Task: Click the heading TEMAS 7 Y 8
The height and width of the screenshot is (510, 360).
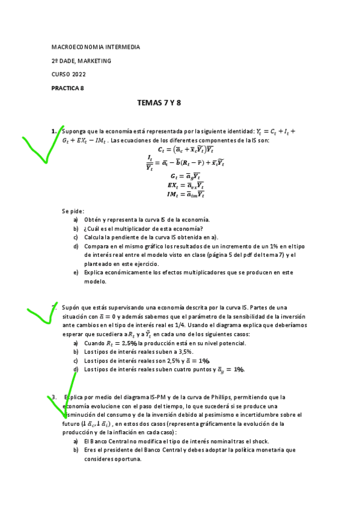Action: tap(159, 103)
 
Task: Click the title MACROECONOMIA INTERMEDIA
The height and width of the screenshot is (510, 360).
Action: tap(96, 47)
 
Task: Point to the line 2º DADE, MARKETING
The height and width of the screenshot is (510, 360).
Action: tap(81, 61)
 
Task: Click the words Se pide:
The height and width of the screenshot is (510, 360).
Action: tap(73, 211)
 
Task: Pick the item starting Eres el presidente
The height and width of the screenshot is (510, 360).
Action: tap(190, 450)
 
